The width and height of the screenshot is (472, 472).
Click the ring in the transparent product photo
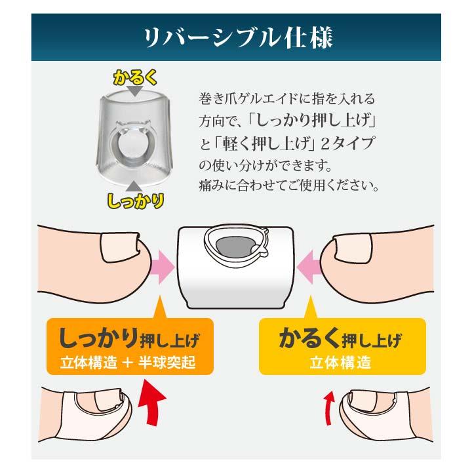tap(131, 140)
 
